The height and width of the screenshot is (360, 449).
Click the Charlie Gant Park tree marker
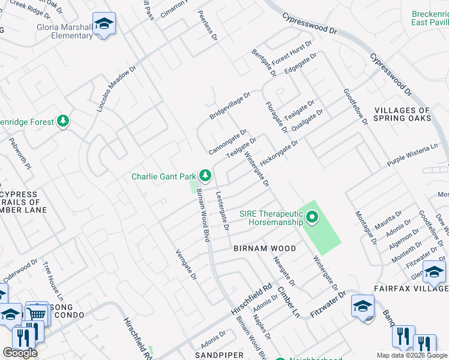tap(205, 175)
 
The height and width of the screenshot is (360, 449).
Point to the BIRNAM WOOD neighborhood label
tap(264, 248)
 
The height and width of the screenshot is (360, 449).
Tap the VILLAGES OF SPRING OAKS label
tap(402, 114)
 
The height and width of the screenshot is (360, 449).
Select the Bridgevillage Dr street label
tap(229, 106)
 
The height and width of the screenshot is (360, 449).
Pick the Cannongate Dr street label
tap(228, 142)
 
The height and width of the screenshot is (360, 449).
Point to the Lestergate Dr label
tap(222, 211)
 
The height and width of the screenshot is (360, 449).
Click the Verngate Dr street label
tap(186, 265)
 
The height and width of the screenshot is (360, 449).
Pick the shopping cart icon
tap(37, 313)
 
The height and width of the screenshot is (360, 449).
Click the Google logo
tap(20, 353)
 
